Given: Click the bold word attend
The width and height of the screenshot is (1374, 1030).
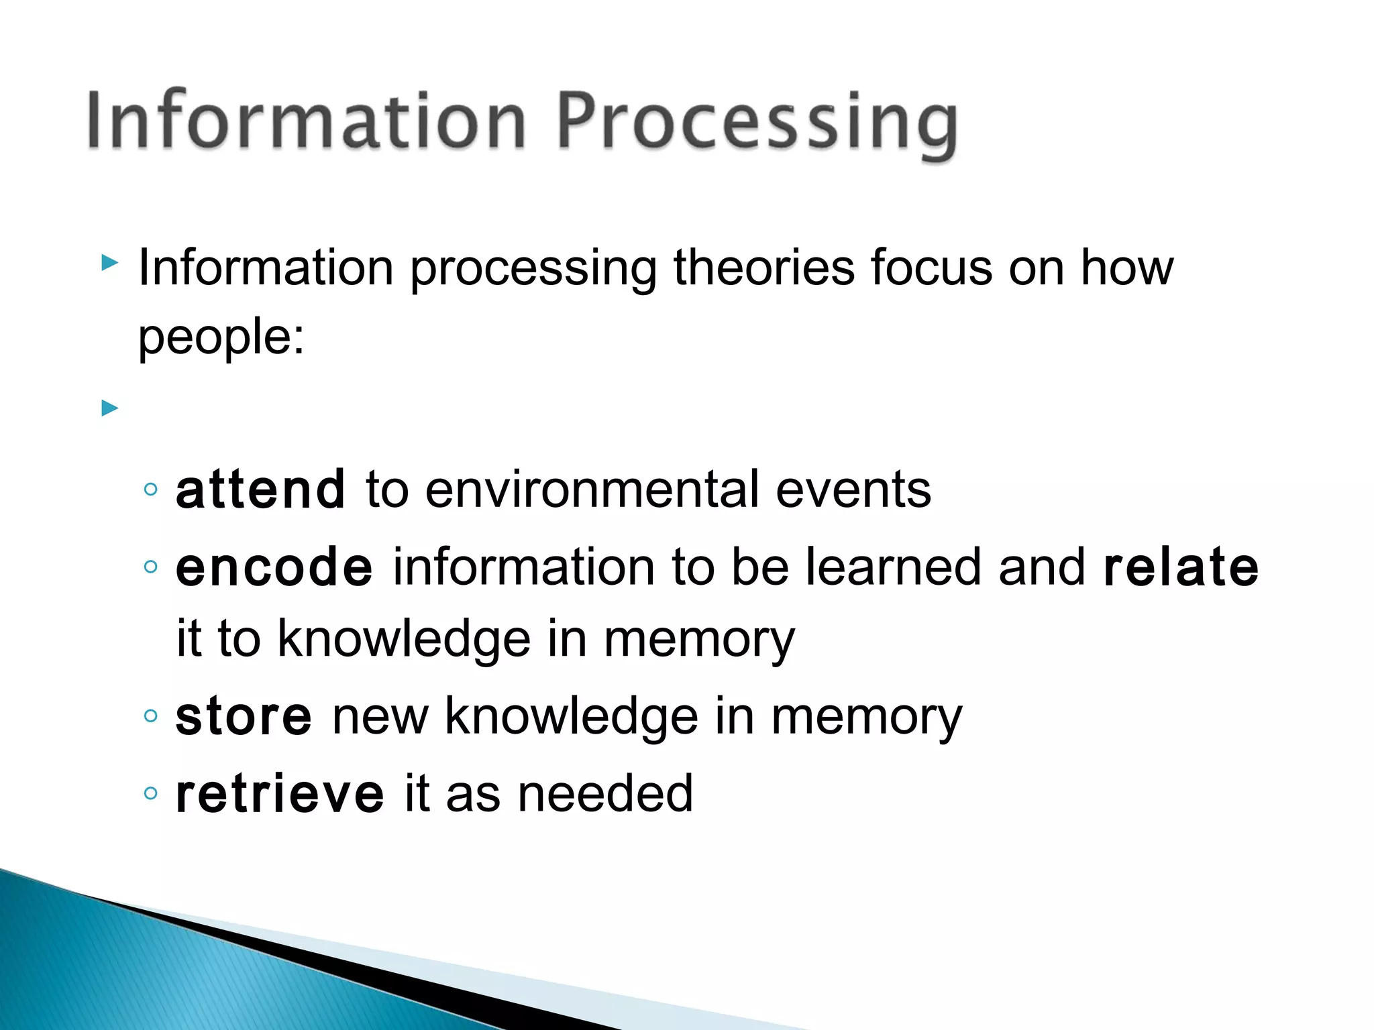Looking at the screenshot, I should coord(260,490).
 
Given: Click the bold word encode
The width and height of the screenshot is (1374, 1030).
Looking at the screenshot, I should coord(274,567).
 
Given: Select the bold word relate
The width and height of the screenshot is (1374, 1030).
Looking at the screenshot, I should coord(1181,567).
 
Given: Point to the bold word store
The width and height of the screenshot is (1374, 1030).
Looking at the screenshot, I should coord(244,716).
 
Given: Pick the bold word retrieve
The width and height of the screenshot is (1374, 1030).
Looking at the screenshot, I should coord(280,794).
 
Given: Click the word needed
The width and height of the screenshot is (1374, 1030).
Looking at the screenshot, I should coord(605,794).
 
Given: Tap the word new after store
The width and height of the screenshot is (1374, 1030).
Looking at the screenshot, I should coord(380,716).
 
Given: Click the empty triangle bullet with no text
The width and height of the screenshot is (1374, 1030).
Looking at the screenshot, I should coord(109,408).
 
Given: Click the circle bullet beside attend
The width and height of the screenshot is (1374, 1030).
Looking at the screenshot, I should coord(151,490).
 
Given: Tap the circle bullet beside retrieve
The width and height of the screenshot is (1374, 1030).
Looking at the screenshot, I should coord(151,794).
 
